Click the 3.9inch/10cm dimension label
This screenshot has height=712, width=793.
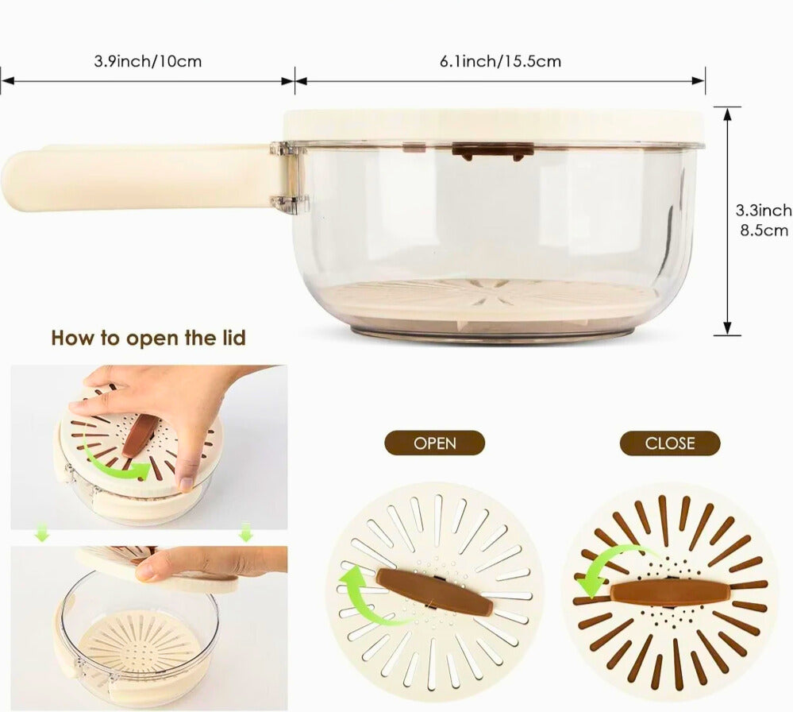tap(148, 61)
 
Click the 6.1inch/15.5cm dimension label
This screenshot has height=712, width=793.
tap(500, 61)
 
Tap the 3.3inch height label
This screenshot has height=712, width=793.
tap(764, 210)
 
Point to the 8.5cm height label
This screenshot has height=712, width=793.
tap(764, 230)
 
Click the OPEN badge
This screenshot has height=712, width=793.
tap(434, 443)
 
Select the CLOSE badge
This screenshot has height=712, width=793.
tap(670, 443)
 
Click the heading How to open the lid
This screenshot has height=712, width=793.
tap(148, 338)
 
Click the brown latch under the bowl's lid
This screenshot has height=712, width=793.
tap(493, 151)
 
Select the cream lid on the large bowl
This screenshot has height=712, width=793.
tap(494, 126)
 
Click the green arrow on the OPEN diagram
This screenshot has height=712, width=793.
tap(364, 594)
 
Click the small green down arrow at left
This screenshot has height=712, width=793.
tap(42, 534)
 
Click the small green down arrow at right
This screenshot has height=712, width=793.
tap(246, 532)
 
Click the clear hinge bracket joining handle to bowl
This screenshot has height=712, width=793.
tap(289, 175)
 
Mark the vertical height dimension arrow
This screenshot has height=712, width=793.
tap(727, 221)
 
